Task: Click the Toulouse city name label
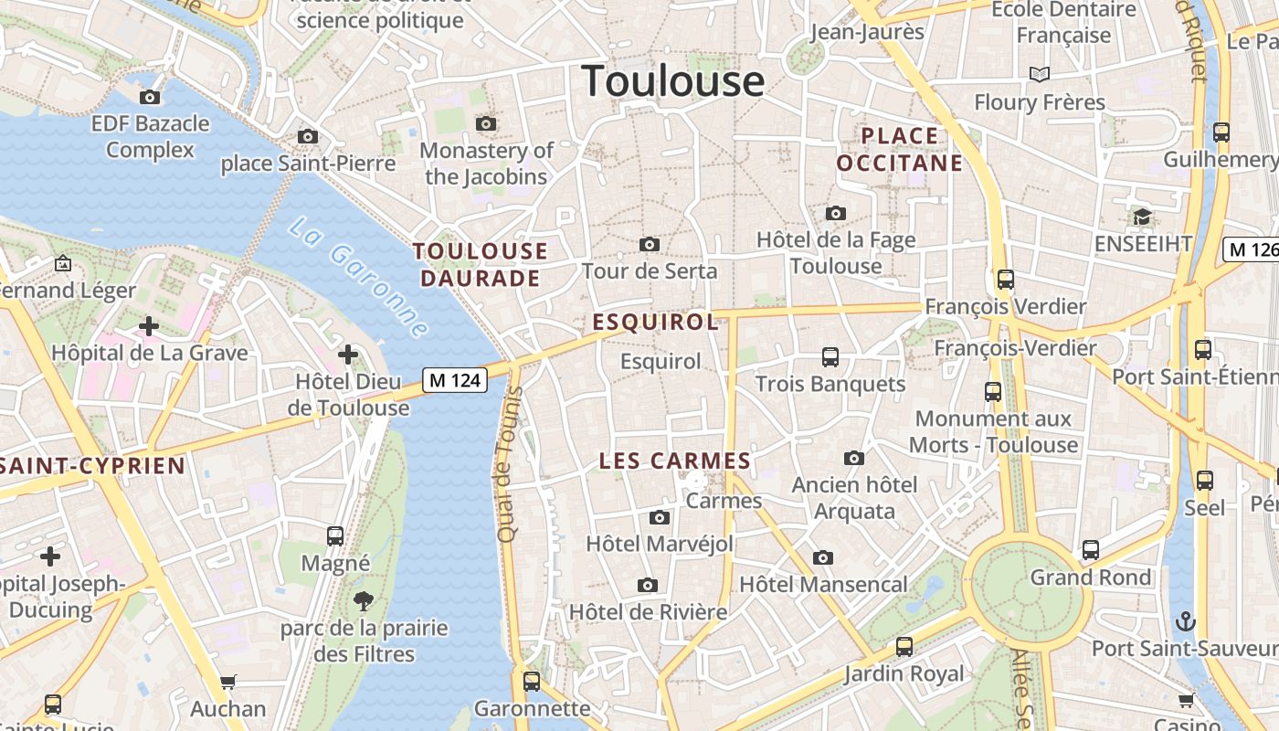click(672, 80)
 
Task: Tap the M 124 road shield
click(455, 380)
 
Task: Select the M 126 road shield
click(1251, 249)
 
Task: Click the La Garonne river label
click(359, 277)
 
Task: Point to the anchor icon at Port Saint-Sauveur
click(1184, 622)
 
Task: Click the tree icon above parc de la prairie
click(364, 600)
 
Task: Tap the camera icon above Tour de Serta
click(650, 244)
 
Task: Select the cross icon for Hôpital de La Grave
click(148, 325)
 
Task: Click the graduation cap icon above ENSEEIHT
click(1142, 217)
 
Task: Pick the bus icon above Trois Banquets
click(830, 356)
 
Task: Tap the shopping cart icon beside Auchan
click(227, 682)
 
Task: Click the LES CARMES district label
click(674, 461)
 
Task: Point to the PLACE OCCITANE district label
click(900, 150)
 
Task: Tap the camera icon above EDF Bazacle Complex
click(150, 97)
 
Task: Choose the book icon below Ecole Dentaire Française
click(1039, 74)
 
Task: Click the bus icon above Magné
click(335, 535)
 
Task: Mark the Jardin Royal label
click(903, 673)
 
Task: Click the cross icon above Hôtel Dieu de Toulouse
click(347, 354)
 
